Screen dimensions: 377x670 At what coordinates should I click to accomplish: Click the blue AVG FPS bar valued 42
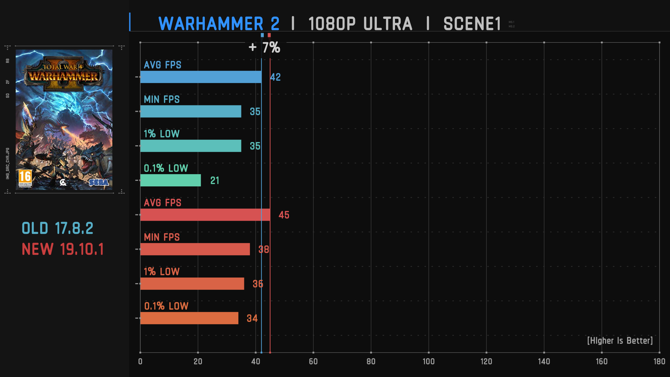[x=201, y=77]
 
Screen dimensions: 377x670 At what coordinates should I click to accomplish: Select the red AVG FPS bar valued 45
[x=205, y=215]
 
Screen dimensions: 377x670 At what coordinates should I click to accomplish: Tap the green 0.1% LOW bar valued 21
[x=170, y=180]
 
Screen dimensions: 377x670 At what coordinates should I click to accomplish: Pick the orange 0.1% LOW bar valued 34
[x=189, y=318]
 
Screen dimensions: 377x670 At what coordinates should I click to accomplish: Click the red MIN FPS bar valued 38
[x=195, y=249]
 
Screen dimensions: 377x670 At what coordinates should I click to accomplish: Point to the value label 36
[x=258, y=284]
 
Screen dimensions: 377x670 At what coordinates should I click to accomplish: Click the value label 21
[x=215, y=180]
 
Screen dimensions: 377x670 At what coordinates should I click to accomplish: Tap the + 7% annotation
[x=265, y=47]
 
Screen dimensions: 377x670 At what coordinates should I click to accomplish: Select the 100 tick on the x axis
[x=429, y=361]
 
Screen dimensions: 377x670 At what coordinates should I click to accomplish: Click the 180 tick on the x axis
[x=659, y=361]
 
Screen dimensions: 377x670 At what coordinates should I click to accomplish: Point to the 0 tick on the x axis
[x=140, y=361]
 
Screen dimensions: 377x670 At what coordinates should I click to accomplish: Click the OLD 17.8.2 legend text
[x=58, y=229]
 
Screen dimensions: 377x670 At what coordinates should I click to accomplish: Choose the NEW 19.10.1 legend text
[x=63, y=249]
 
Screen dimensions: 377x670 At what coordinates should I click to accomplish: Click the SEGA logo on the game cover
[x=98, y=182]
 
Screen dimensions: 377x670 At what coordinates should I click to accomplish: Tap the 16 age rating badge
[x=25, y=177]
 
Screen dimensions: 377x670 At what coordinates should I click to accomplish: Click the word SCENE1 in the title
[x=472, y=24]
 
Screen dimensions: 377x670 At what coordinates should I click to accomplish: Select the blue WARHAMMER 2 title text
[x=219, y=24]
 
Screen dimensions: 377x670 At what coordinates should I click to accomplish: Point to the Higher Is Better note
[x=620, y=341]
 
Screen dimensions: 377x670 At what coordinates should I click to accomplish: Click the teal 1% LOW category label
[x=162, y=134]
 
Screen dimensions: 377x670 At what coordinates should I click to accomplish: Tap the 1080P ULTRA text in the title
[x=360, y=24]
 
